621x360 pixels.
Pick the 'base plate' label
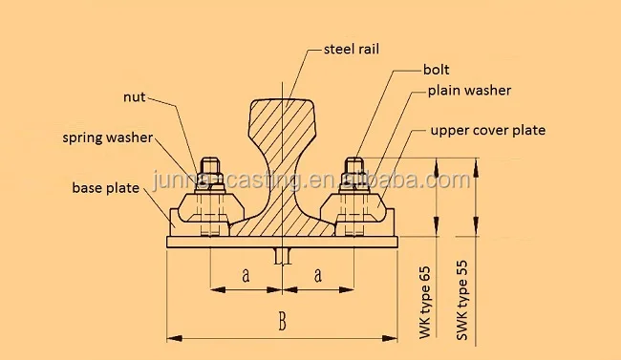(105, 188)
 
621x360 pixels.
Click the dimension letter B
(282, 322)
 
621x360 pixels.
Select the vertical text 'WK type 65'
(425, 298)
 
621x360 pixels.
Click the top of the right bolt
(354, 160)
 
